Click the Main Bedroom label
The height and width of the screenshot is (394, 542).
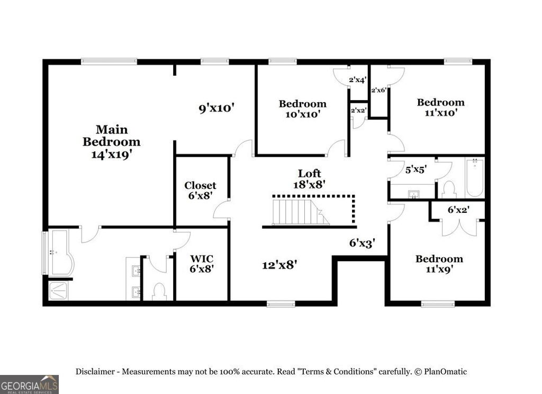pyautogui.click(x=111, y=136)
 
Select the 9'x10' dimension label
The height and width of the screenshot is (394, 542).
pyautogui.click(x=216, y=108)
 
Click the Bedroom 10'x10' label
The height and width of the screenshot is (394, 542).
pyautogui.click(x=302, y=109)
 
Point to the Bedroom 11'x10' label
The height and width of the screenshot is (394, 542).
pyautogui.click(x=440, y=107)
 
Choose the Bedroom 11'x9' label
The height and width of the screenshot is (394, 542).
pyautogui.click(x=439, y=263)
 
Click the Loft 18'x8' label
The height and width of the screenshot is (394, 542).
pyautogui.click(x=309, y=178)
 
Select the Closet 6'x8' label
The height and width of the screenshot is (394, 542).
pyautogui.click(x=200, y=190)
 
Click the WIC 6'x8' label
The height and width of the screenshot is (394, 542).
pyautogui.click(x=202, y=263)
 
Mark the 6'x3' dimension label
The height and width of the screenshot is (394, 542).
pyautogui.click(x=362, y=243)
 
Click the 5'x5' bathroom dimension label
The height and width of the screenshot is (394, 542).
pyautogui.click(x=415, y=170)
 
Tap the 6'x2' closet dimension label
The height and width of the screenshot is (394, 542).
pyautogui.click(x=458, y=210)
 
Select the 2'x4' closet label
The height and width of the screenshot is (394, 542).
pyautogui.click(x=358, y=80)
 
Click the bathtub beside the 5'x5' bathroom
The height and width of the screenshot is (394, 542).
pyautogui.click(x=475, y=177)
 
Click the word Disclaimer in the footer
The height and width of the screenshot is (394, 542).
pyautogui.click(x=96, y=372)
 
